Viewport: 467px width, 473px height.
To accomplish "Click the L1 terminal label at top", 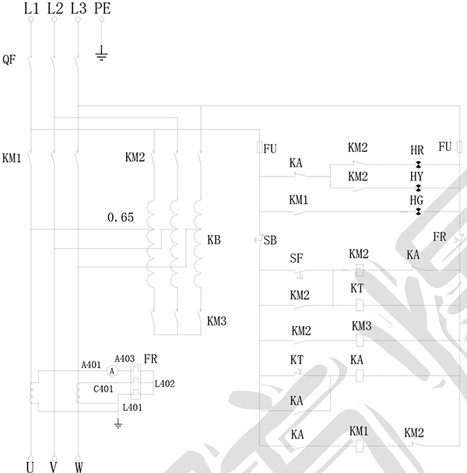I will click(30, 9).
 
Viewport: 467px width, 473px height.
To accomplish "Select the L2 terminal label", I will click(54, 9).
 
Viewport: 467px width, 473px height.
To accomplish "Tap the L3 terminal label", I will click(78, 9).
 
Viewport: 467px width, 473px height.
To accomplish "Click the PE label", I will click(102, 9).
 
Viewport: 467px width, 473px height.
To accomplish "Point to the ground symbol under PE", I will click(102, 54).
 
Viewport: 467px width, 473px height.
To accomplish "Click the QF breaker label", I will click(9, 59).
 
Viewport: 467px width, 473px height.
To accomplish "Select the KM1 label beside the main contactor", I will click(12, 157).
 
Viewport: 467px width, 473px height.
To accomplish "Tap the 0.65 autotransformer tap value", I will click(121, 218).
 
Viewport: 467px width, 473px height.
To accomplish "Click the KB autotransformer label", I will click(214, 240).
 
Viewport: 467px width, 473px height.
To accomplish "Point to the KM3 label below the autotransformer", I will click(218, 320).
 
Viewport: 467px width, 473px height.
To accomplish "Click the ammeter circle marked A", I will click(112, 371).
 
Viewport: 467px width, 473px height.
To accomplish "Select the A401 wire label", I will click(91, 364).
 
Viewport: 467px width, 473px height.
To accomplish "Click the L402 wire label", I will click(165, 383).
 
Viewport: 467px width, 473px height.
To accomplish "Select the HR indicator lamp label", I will click(417, 149).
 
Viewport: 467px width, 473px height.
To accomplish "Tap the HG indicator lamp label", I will click(417, 200).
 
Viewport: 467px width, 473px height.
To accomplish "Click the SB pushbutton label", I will click(270, 240).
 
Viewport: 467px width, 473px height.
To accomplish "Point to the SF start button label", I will click(296, 258).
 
